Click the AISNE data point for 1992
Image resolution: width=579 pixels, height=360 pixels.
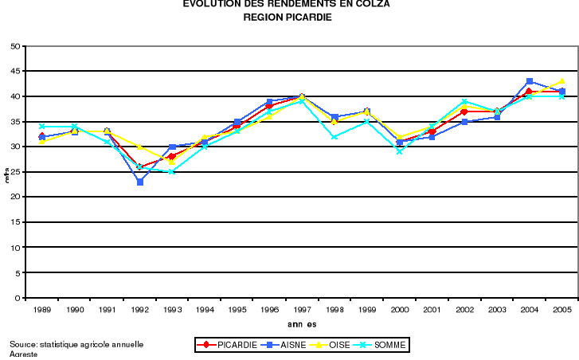click(140, 182)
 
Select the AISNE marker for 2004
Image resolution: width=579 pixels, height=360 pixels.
click(530, 81)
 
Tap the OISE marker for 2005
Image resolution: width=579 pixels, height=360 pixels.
click(562, 81)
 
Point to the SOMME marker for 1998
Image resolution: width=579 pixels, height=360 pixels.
click(334, 136)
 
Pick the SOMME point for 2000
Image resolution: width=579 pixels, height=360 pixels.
click(400, 151)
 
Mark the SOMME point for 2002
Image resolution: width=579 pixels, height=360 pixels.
click(464, 101)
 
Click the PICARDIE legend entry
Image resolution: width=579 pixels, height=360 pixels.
click(226, 345)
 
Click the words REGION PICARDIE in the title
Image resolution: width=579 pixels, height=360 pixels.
click(287, 17)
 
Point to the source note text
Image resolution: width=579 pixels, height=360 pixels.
click(76, 345)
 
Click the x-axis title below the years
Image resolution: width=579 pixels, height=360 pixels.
click(302, 324)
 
